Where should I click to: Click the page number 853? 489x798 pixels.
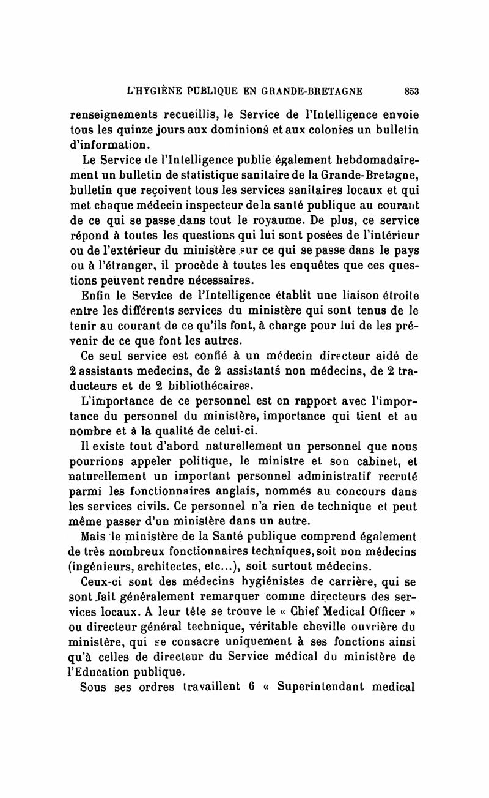(409, 91)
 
